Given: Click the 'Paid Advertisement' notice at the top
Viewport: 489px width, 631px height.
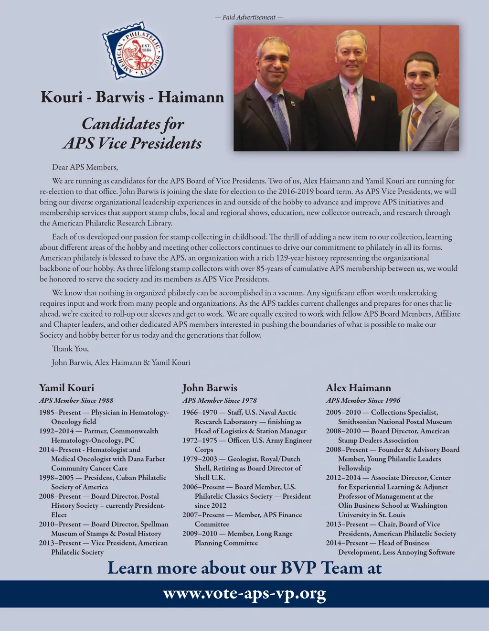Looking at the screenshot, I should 249,17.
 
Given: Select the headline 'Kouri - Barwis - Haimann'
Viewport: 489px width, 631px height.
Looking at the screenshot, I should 132,97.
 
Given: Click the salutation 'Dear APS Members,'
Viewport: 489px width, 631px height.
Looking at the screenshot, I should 85,167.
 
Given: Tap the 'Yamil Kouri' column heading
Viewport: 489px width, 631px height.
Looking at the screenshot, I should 66,388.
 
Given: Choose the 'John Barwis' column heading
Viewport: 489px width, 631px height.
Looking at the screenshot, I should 210,388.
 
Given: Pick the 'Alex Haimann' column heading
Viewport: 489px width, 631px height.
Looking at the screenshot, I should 358,388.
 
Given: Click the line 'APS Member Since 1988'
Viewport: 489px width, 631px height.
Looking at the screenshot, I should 76,400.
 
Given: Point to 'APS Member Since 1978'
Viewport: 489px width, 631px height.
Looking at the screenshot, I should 220,400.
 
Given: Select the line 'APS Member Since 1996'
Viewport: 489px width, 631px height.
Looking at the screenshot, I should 363,400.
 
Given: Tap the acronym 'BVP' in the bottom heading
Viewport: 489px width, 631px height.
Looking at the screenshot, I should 298,568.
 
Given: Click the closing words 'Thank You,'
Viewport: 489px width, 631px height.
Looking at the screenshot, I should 70,349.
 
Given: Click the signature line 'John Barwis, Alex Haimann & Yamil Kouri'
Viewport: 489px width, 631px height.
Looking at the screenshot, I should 121,363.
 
